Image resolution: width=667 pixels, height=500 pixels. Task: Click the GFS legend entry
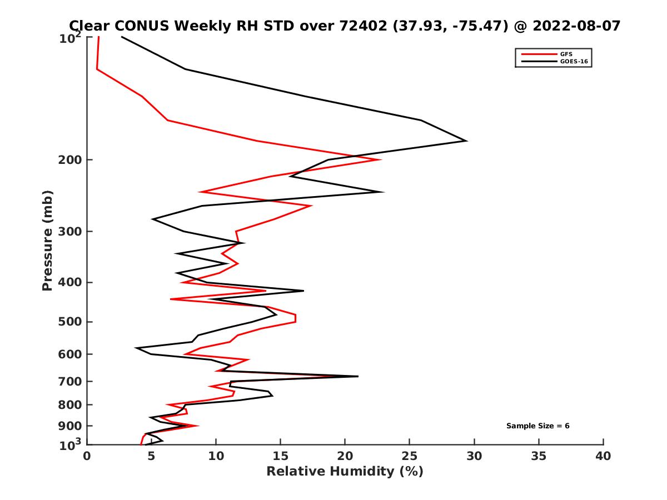[x=566, y=54]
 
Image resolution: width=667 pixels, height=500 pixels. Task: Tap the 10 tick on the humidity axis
[x=216, y=456]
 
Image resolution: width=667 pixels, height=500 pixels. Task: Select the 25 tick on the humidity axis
[x=410, y=456]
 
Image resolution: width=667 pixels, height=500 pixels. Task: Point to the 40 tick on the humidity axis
[x=603, y=456]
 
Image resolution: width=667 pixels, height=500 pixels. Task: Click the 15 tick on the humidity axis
[x=281, y=456]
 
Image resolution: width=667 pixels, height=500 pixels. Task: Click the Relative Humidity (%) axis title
[x=345, y=472]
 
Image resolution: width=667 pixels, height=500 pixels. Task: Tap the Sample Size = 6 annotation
[x=537, y=426]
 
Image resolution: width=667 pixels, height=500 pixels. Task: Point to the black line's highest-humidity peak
[x=466, y=141]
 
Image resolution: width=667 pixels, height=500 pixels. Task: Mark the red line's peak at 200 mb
[x=381, y=160]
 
